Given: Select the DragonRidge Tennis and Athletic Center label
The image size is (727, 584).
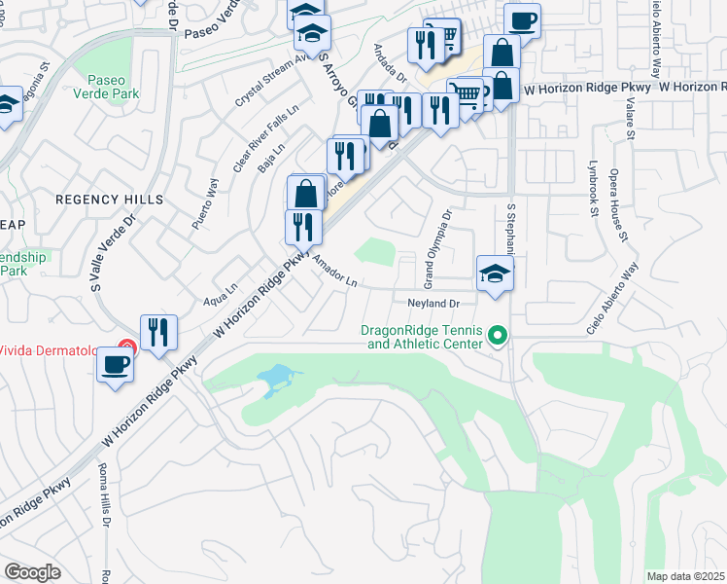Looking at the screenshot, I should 422,337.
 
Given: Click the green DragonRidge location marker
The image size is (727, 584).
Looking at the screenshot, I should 499,337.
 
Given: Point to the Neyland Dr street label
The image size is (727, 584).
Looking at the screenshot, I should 432,304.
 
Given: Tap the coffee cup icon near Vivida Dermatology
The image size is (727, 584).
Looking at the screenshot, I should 116,365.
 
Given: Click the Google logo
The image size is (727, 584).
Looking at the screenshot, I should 33,572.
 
